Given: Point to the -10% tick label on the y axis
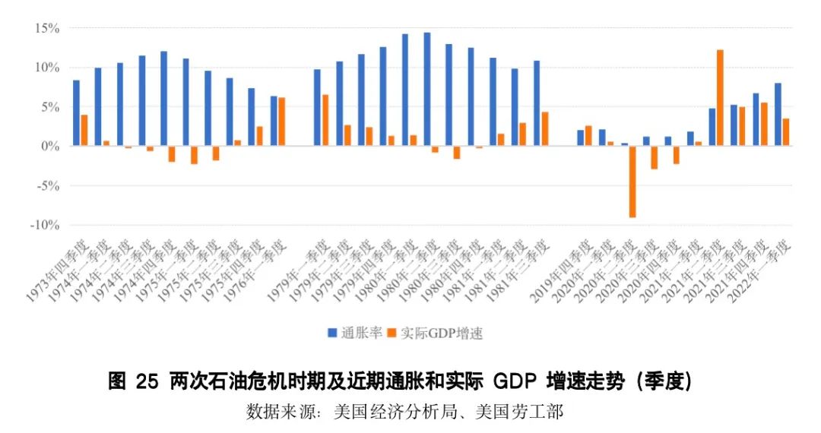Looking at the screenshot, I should pyautogui.click(x=43, y=225).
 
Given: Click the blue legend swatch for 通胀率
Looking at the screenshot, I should pyautogui.click(x=332, y=333).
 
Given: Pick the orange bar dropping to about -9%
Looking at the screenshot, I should pyautogui.click(x=632, y=182).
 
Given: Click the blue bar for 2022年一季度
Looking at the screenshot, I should pyautogui.click(x=778, y=114).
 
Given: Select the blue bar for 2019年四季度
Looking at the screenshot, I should pyautogui.click(x=580, y=137).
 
